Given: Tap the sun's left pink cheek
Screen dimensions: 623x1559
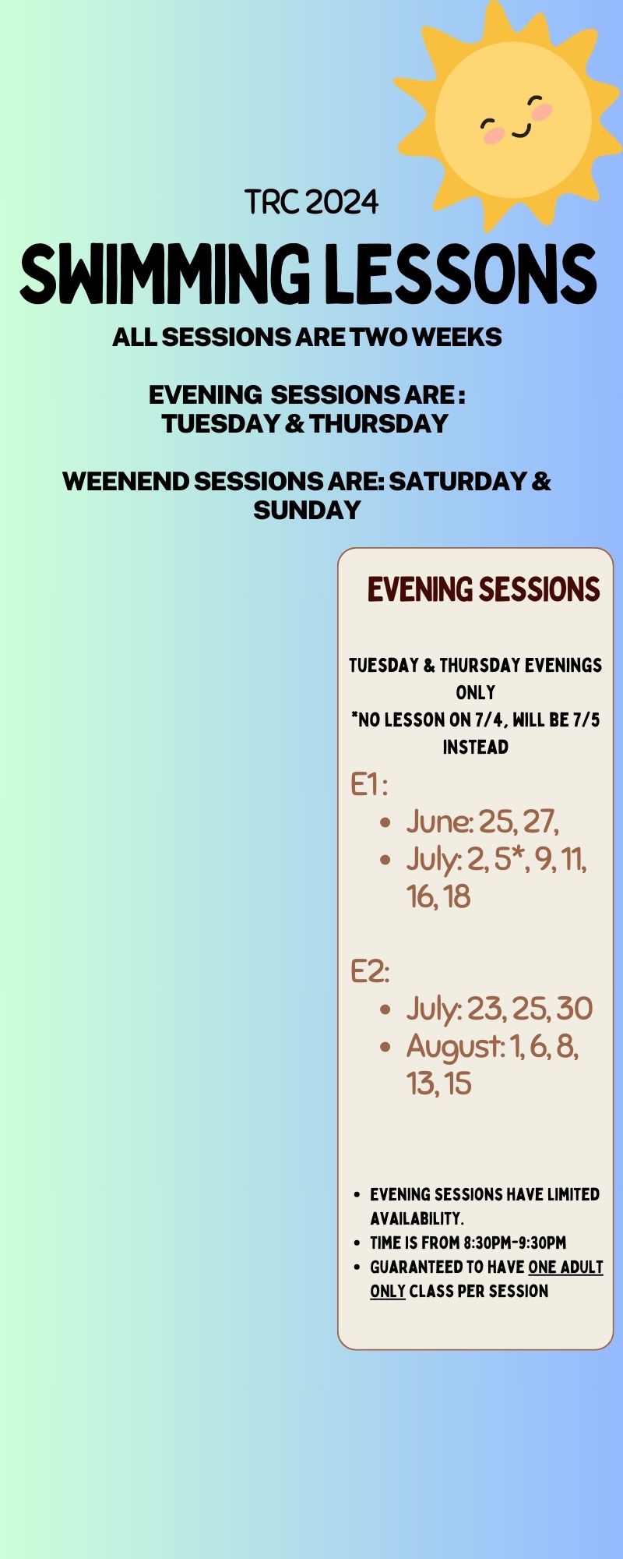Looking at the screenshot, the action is point(494,136).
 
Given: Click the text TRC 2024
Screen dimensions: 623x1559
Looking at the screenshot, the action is point(311,203).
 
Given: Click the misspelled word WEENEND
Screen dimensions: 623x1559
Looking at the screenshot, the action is point(125,481).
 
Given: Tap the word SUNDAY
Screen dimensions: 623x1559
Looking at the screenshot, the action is point(307,510).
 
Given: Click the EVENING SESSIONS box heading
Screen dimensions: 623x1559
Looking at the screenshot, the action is point(484,589).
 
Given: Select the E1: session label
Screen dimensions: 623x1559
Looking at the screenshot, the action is point(368,784).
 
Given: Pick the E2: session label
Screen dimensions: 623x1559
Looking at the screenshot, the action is point(369,971).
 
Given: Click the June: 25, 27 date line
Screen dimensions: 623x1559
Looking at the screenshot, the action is point(483,822).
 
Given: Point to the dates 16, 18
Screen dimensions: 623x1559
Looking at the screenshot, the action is point(438,896).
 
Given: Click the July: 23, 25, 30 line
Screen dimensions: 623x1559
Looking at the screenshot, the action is point(499,1009).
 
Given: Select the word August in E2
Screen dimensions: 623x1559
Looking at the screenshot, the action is point(455,1047).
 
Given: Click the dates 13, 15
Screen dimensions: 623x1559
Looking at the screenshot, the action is point(439,1084).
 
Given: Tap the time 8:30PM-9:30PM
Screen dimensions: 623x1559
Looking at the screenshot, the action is point(515,1243).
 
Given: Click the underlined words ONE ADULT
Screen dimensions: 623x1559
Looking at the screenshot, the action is point(565,1267).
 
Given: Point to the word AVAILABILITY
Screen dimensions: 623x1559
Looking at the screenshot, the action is point(417,1218).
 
